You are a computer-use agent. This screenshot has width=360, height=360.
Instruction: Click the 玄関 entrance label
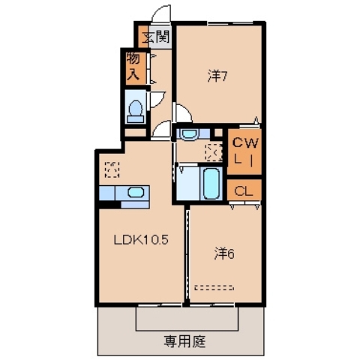tap(156, 35)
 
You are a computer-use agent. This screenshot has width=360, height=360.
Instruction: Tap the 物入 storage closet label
tap(133, 66)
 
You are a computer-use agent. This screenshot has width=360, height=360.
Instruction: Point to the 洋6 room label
tap(224, 253)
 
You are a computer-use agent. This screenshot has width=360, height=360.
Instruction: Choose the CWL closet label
tap(244, 150)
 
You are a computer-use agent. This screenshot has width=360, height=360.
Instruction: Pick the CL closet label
tap(244, 190)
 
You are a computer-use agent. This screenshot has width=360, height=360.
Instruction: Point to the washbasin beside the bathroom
tap(188, 134)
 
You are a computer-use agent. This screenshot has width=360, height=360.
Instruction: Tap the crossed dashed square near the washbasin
tap(213, 151)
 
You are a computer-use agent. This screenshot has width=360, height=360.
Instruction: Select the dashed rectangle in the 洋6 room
tap(214, 287)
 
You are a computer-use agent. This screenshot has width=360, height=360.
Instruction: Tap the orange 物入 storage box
tap(133, 66)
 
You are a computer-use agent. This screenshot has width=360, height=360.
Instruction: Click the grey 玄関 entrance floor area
tap(156, 35)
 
